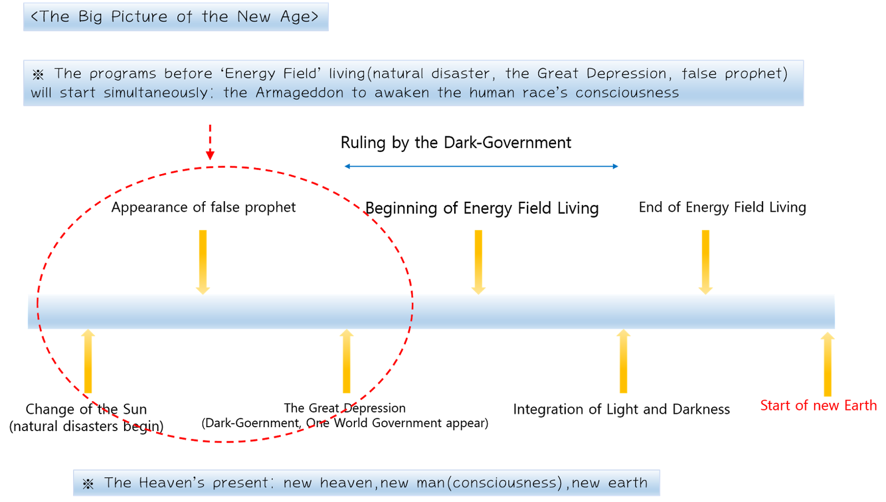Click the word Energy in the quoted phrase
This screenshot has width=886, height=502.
pos(250,74)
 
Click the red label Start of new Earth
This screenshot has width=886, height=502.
pos(818,406)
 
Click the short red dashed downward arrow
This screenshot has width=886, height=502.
pos(210,142)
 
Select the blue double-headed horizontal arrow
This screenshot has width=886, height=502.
pos(481,166)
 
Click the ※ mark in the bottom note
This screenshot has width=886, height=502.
pos(88,484)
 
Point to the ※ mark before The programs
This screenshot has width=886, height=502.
pos(38,75)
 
